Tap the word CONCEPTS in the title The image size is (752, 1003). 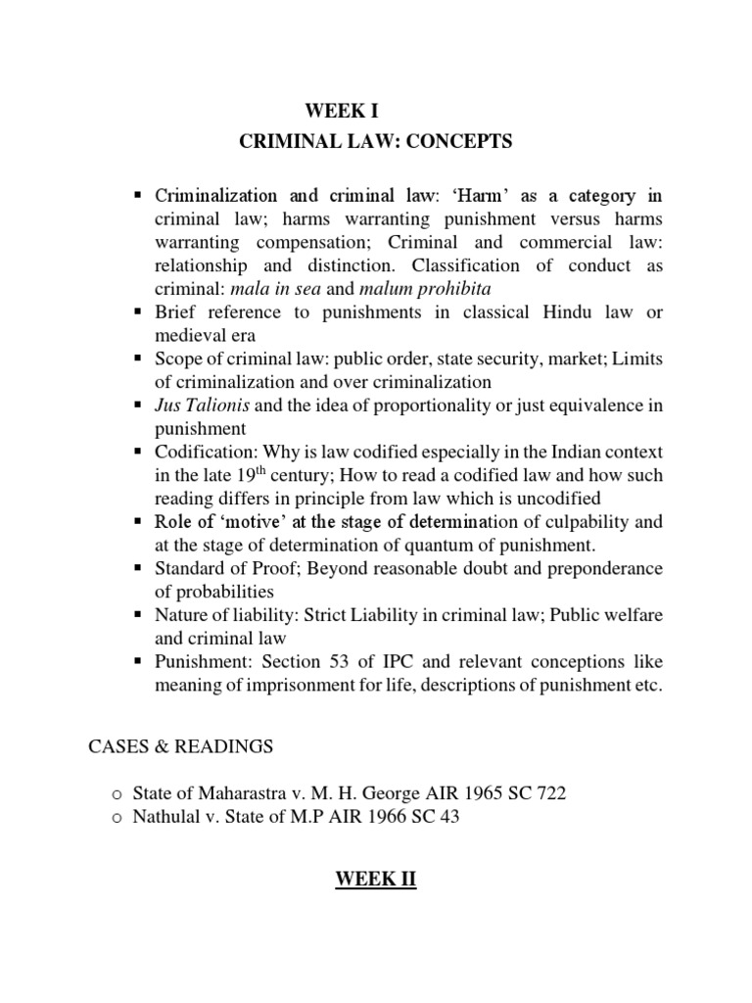[461, 142]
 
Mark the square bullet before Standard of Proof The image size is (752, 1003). [139, 568]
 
